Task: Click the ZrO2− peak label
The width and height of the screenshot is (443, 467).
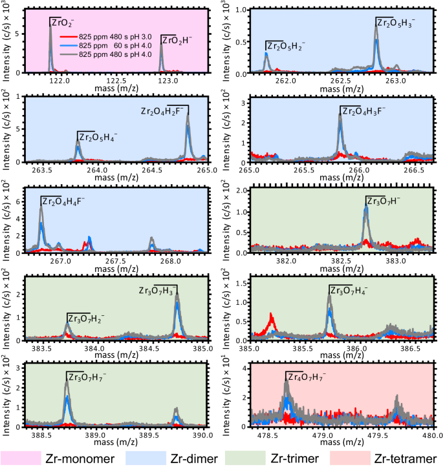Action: point(61,23)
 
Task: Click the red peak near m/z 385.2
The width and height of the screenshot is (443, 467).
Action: point(271,318)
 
